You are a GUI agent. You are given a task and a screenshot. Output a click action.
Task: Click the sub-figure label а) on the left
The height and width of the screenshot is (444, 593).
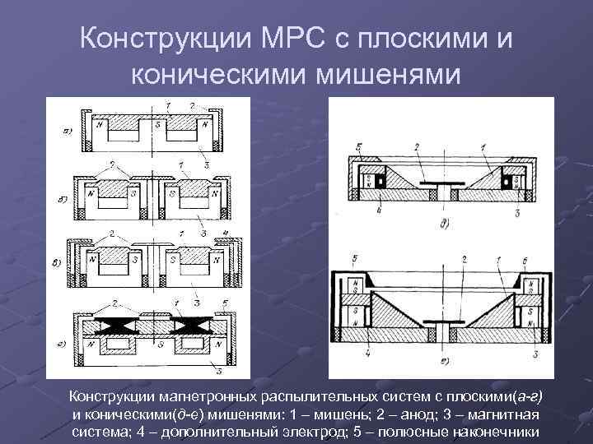point(66,131)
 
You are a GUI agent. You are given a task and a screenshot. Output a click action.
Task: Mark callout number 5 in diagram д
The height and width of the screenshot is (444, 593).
point(359,148)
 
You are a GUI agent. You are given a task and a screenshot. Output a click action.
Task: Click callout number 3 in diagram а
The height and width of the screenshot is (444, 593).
point(207,165)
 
